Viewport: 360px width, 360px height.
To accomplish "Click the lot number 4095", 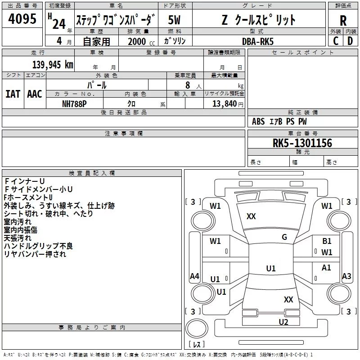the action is pyautogui.click(x=22, y=18).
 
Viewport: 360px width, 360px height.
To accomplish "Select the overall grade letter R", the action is pyautogui.click(x=343, y=21).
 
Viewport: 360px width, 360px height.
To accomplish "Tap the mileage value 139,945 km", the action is pyautogui.click(x=53, y=65).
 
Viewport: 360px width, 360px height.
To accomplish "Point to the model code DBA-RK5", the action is pyautogui.click(x=258, y=41).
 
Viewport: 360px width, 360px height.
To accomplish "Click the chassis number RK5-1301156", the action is pyautogui.click(x=302, y=143).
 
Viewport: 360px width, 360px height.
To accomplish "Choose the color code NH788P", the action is pyautogui.click(x=74, y=104).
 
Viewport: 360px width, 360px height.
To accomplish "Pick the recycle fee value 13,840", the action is pyautogui.click(x=225, y=104).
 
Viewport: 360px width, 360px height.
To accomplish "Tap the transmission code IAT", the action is pyautogui.click(x=13, y=94).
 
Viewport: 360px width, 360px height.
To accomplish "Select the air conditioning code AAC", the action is pyautogui.click(x=35, y=94).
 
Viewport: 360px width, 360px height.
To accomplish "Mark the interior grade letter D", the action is pyautogui.click(x=350, y=41).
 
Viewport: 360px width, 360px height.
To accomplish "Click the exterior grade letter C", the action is pyautogui.click(x=336, y=41).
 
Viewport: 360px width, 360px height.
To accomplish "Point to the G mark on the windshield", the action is pyautogui.click(x=284, y=237).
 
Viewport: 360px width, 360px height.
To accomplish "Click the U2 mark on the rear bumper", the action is pyautogui.click(x=283, y=322).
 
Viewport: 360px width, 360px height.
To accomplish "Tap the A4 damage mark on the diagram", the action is pyautogui.click(x=194, y=276).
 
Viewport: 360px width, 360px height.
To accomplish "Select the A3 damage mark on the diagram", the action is pyautogui.click(x=346, y=276).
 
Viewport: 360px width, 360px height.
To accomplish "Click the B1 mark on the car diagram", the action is pyautogui.click(x=327, y=241).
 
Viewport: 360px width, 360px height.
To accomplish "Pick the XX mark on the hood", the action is pyautogui.click(x=251, y=216).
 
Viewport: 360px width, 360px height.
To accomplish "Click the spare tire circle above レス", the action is pyautogui.click(x=197, y=328).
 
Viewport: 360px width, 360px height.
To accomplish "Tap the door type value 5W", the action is pyautogui.click(x=174, y=20).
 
